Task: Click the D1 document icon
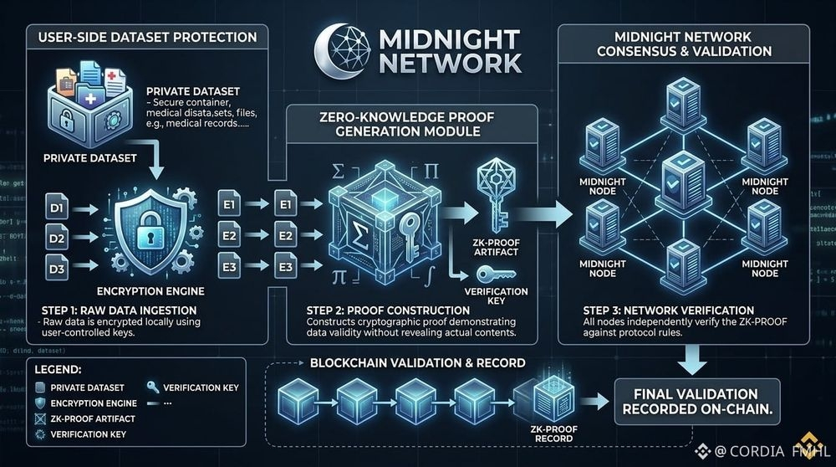[x=56, y=204]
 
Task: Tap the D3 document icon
[x=56, y=269]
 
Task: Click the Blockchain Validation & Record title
[x=417, y=363]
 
